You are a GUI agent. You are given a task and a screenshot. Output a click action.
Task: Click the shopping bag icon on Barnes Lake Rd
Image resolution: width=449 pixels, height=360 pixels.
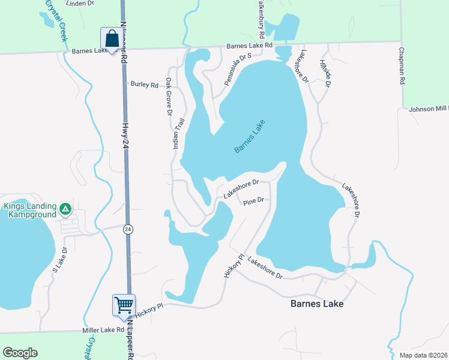pyautogui.click(x=112, y=40)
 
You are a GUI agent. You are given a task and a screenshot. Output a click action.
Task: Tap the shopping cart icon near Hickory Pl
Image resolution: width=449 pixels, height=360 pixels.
pyautogui.click(x=124, y=305)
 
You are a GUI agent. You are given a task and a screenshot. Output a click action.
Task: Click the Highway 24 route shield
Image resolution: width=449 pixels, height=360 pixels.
pyautogui.click(x=128, y=229)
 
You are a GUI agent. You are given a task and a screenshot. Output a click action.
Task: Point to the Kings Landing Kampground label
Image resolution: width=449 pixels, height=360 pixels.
pyautogui.click(x=30, y=210)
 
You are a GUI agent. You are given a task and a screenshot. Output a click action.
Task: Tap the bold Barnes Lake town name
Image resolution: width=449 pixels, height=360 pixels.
pyautogui.click(x=317, y=304)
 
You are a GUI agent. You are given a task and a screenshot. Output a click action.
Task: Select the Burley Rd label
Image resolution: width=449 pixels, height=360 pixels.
pyautogui.click(x=144, y=85)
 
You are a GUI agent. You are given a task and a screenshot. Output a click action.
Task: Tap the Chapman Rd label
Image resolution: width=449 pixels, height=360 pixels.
pyautogui.click(x=403, y=66)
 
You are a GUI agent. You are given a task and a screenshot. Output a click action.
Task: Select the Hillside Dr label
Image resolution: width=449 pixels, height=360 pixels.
pyautogui.click(x=325, y=74)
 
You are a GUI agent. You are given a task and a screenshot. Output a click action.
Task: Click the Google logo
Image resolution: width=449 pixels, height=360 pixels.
pyautogui.click(x=20, y=352)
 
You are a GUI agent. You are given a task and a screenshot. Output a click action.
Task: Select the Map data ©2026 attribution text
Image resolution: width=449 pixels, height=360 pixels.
pyautogui.click(x=423, y=355)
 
